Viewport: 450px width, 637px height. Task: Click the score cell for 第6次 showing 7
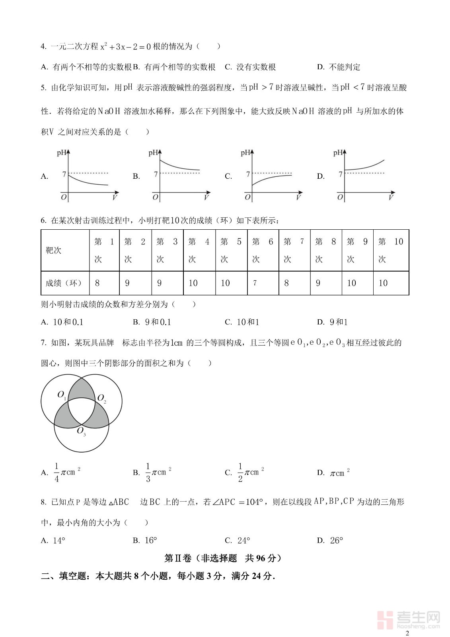[263, 283]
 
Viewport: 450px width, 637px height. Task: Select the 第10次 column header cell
[391, 250]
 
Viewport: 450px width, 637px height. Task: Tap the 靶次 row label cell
[65, 250]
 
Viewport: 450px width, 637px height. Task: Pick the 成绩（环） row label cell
[65, 283]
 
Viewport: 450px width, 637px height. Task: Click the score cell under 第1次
[104, 283]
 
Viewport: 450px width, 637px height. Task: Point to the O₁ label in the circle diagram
[62, 395]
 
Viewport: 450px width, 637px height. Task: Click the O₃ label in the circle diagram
[81, 431]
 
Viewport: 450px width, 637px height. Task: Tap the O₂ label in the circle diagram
[102, 399]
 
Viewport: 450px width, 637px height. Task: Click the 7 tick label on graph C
[247, 174]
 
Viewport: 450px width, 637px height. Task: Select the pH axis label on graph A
[62, 152]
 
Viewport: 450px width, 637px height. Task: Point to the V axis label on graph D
[391, 197]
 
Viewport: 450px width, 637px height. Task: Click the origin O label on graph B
[155, 197]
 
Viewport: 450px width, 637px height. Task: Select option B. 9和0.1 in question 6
[152, 322]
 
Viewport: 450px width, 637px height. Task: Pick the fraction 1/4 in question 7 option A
[56, 473]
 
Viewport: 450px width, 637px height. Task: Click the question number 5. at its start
[44, 88]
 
